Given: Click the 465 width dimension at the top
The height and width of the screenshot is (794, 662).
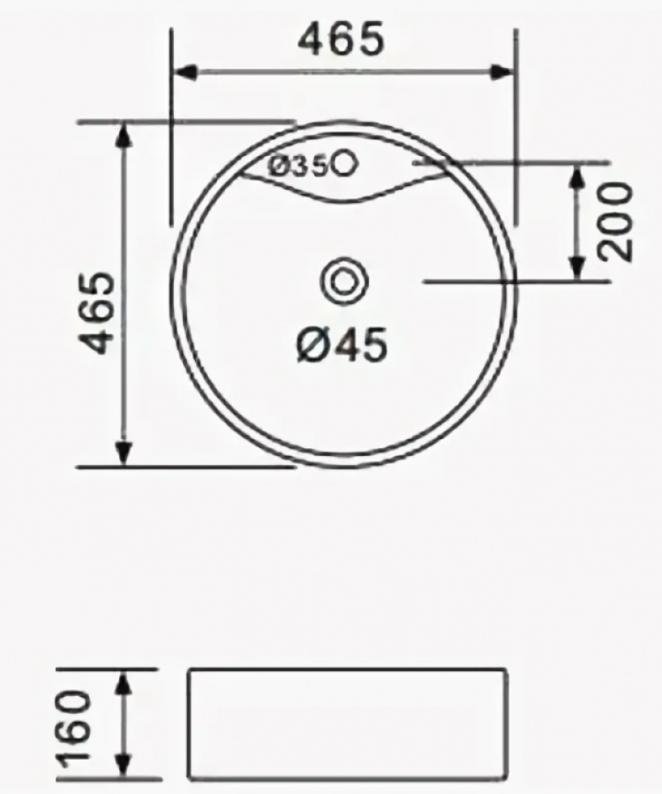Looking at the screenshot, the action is pyautogui.click(x=341, y=39).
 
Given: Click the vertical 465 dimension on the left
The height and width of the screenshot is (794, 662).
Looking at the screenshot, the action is pyautogui.click(x=98, y=312).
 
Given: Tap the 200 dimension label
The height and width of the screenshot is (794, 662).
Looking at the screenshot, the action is pyautogui.click(x=616, y=221).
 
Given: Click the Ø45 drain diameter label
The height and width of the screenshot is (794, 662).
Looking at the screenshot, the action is pyautogui.click(x=342, y=345).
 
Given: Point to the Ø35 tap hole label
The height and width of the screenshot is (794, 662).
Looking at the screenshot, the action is pyautogui.click(x=299, y=166).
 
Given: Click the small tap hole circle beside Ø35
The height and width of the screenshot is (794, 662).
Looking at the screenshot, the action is pyautogui.click(x=345, y=163).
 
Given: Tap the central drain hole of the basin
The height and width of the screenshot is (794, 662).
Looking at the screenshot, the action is pyautogui.click(x=344, y=281).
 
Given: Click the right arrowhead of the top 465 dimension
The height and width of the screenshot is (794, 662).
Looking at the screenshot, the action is pyautogui.click(x=502, y=72).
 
